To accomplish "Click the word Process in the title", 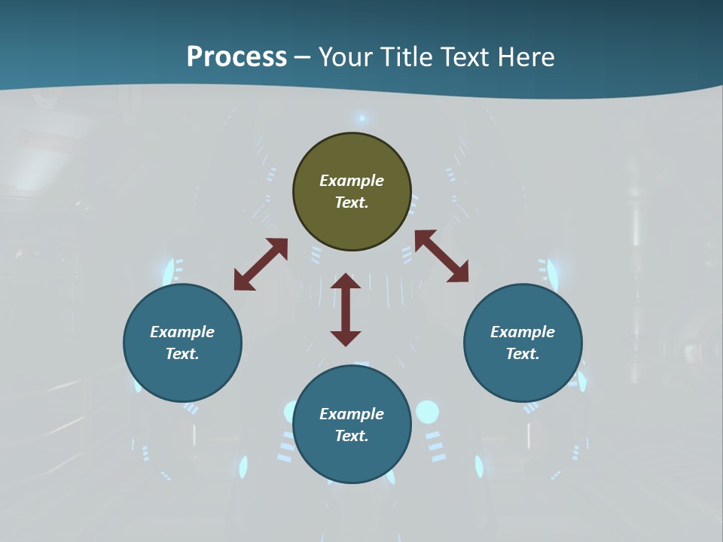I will coord(236,57).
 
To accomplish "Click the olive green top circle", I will coord(352,192).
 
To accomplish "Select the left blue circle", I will coord(182,343).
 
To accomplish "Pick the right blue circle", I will coord(523,343).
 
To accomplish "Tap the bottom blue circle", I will coord(352,424).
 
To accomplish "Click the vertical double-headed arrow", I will coord(346,309).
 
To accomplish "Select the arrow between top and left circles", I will coord(261,264).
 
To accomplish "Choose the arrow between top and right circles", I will coord(441,256).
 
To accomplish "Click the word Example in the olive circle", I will coord(352,181).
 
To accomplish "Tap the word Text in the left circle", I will coord(182,354).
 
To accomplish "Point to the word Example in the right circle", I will coord(523,332).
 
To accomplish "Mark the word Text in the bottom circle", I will coord(352,436).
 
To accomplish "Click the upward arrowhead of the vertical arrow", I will coord(346,282).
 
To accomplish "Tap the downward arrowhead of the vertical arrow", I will coord(346,337).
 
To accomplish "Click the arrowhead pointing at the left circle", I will coord(244,280).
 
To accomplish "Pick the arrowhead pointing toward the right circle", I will coord(458,273).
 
